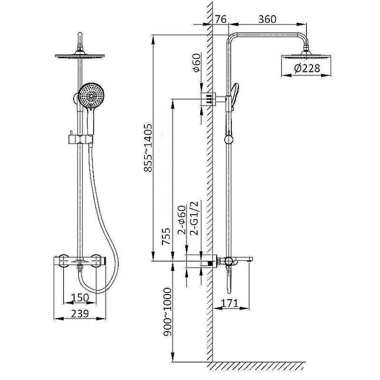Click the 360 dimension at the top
[267, 19]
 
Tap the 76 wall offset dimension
[220, 19]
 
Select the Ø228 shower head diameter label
[307, 68]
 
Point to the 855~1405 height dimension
[148, 148]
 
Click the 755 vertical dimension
[166, 236]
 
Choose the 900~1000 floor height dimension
[167, 312]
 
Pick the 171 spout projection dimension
[229, 303]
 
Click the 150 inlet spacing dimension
[80, 297]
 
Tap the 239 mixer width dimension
[80, 313]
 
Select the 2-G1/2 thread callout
[194, 218]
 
